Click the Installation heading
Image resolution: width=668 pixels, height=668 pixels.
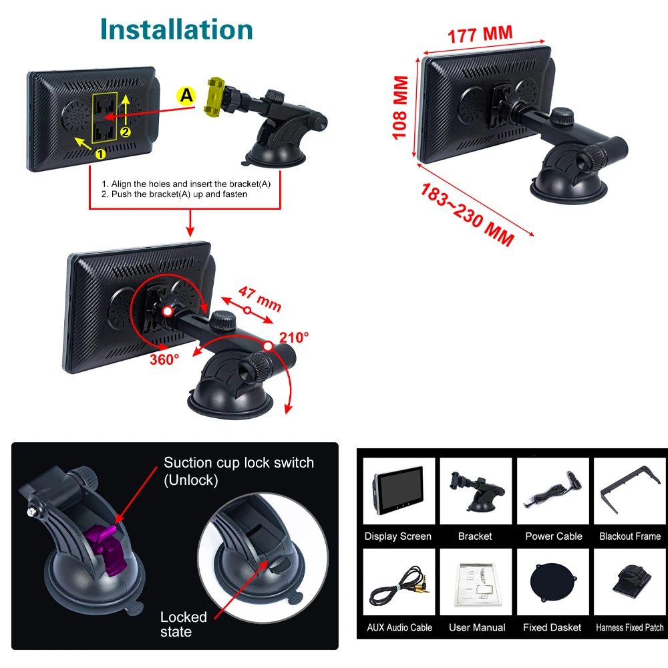pyautogui.click(x=176, y=30)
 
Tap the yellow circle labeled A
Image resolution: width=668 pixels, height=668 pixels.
pyautogui.click(x=186, y=96)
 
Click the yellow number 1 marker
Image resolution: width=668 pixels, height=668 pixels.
pyautogui.click(x=100, y=154)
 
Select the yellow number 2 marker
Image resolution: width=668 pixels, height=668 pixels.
pyautogui.click(x=126, y=132)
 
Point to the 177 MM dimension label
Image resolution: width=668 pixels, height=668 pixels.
pyautogui.click(x=480, y=35)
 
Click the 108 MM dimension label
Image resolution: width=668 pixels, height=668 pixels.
pyautogui.click(x=400, y=108)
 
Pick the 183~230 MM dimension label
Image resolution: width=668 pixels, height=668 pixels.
pyautogui.click(x=468, y=215)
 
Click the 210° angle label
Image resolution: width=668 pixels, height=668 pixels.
pyautogui.click(x=294, y=337)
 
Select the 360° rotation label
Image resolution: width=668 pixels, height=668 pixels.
pyautogui.click(x=164, y=359)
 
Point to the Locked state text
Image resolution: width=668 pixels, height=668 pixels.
pyautogui.click(x=184, y=624)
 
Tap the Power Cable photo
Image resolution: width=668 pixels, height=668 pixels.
pyautogui.click(x=553, y=491)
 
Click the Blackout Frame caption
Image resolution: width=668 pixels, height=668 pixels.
pyautogui.click(x=630, y=536)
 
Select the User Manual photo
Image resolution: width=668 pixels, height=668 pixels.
pyautogui.click(x=476, y=582)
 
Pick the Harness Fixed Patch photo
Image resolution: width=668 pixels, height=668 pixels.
pyautogui.click(x=630, y=582)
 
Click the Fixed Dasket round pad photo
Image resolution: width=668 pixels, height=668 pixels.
pyautogui.click(x=553, y=582)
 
